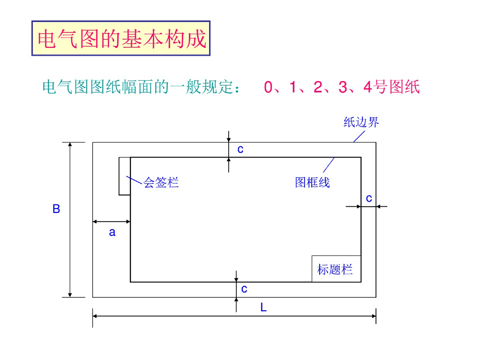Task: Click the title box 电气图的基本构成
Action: click(121, 38)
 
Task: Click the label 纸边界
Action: click(361, 123)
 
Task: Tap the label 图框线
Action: click(312, 182)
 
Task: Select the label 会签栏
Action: click(161, 182)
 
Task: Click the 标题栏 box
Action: click(336, 269)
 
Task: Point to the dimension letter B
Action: click(56, 209)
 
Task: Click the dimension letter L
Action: click(263, 308)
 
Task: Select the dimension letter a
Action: click(112, 232)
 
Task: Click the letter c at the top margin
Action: click(240, 150)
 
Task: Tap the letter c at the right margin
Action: click(369, 198)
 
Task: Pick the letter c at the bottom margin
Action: click(244, 289)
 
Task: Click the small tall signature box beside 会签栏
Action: click(124, 176)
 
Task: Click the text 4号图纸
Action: click(391, 87)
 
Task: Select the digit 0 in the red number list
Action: click(268, 87)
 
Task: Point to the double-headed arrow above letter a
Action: click(112, 221)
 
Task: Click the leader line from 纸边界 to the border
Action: click(359, 136)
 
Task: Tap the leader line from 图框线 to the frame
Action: click(328, 165)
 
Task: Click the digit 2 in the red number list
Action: click(318, 87)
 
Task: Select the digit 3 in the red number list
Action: click(343, 87)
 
